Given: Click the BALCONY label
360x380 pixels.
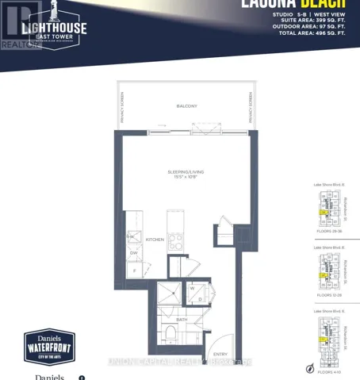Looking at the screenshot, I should point(186,106).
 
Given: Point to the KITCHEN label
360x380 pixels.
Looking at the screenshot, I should point(155,238).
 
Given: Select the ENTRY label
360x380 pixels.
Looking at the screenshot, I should point(220,355).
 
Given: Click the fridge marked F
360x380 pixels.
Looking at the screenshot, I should point(134,271).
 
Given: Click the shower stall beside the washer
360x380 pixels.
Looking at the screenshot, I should point(169,296).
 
